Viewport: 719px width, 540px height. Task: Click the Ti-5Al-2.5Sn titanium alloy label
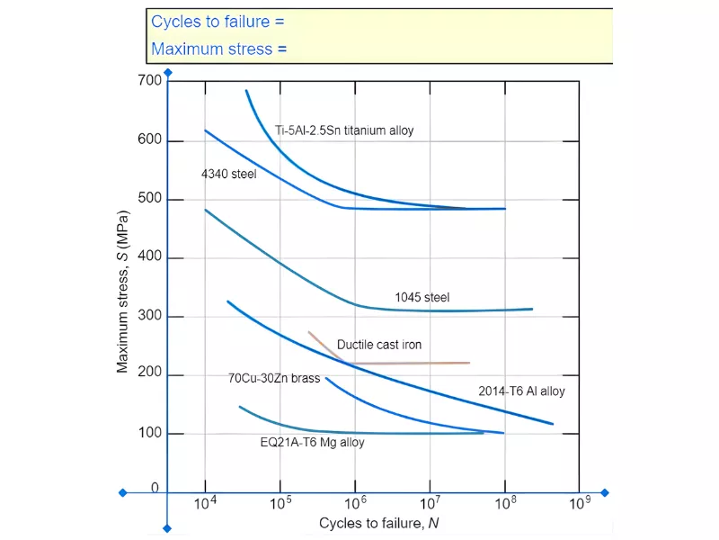click(344, 130)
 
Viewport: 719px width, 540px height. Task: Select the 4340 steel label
click(228, 174)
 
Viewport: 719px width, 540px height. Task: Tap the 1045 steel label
click(422, 297)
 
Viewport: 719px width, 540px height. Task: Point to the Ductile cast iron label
click(378, 345)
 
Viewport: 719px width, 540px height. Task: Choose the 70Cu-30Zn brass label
click(274, 379)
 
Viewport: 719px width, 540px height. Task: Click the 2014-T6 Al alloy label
click(521, 391)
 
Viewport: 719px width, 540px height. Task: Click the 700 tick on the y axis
click(150, 81)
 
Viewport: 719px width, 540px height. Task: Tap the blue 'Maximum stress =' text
click(218, 49)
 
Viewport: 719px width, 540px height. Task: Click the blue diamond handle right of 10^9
click(605, 493)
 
